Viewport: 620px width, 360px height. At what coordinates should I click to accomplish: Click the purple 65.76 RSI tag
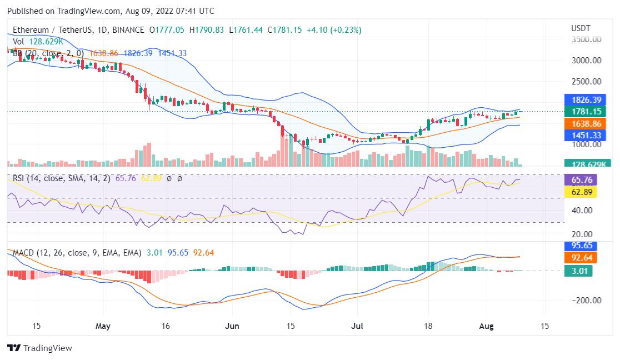coord(579,179)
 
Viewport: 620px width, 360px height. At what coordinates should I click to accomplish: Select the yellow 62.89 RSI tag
coord(579,192)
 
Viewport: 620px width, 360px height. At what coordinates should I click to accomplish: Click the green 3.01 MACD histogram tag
coord(577,271)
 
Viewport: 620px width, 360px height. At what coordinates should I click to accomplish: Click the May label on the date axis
coord(103,326)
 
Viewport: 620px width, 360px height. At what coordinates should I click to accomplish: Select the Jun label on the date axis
coord(233,326)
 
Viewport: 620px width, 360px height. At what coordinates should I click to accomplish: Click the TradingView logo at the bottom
coord(40,348)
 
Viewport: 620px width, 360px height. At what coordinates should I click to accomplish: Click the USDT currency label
coord(581,28)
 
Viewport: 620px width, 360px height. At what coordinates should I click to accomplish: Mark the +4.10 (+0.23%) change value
coord(333,29)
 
